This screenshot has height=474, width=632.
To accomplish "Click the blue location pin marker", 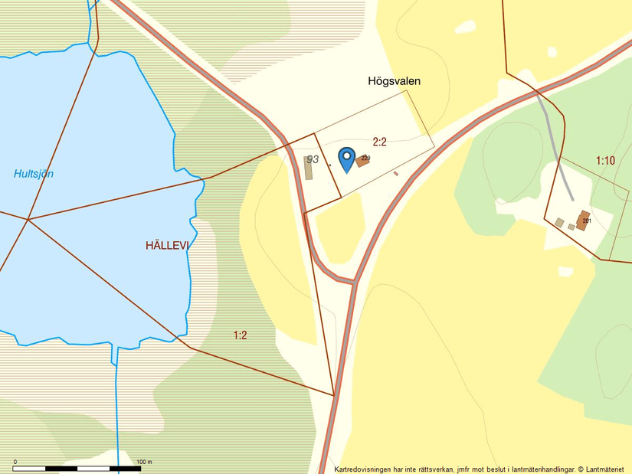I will pyautogui.click(x=346, y=159).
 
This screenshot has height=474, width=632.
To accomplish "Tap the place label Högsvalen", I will pyautogui.click(x=395, y=80).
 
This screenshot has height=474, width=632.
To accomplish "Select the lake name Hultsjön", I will pyautogui.click(x=34, y=174).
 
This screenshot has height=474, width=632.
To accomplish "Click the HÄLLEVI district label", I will pyautogui.click(x=167, y=246).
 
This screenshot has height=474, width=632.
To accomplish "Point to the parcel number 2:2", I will pyautogui.click(x=380, y=141).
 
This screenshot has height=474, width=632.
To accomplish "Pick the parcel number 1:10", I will pyautogui.click(x=605, y=160).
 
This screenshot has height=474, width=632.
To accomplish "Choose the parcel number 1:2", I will pyautogui.click(x=241, y=335).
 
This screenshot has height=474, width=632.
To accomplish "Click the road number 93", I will pyautogui.click(x=312, y=159).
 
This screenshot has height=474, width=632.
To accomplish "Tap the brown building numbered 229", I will pyautogui.click(x=362, y=162).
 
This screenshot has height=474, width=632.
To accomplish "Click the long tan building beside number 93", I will pyautogui.click(x=309, y=169).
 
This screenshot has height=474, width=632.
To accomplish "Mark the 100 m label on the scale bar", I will pyautogui.click(x=144, y=462).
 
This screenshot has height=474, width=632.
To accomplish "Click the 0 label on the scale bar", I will pyautogui.click(x=15, y=462).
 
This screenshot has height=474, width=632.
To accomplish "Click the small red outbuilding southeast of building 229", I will pyautogui.click(x=396, y=174).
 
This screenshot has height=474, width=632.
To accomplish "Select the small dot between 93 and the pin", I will pyautogui.click(x=330, y=165).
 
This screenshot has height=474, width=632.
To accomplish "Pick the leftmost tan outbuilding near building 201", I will pyautogui.click(x=559, y=223).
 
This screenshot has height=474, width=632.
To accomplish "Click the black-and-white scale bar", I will pyautogui.click(x=77, y=468).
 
